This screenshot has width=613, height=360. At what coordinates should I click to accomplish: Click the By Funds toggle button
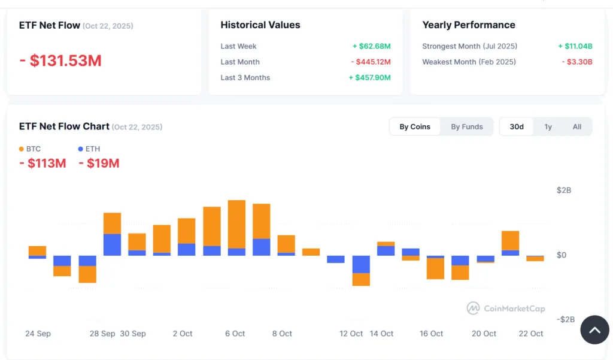[x=466, y=127]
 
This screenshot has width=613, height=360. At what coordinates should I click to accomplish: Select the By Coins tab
[x=415, y=127]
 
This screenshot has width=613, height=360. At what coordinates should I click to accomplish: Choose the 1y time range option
[x=548, y=127]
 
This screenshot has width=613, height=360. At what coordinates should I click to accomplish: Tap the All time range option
[x=576, y=127]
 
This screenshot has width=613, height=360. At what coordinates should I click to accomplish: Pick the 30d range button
[x=516, y=127]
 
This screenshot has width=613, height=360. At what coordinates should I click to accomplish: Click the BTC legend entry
[x=30, y=149]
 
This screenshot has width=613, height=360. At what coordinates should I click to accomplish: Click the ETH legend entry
[x=89, y=149]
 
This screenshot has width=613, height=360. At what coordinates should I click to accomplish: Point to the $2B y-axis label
[x=564, y=190]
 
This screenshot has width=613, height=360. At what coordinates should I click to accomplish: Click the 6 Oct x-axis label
[x=235, y=334]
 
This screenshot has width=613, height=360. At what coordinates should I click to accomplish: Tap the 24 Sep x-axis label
[x=38, y=334]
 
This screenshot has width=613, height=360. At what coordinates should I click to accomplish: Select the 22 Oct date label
[x=531, y=334]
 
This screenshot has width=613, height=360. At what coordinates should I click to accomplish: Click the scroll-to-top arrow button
[x=594, y=330]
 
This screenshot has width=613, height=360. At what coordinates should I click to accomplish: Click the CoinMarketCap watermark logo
[x=506, y=308]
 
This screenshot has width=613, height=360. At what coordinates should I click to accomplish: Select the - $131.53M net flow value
[x=60, y=61]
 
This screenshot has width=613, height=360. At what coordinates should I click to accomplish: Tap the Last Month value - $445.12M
[x=371, y=62]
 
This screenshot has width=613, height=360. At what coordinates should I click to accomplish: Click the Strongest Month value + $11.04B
[x=575, y=47]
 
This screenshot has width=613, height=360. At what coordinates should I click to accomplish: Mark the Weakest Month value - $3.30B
[x=576, y=62]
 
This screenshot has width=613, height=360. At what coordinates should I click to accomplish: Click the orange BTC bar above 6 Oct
[x=236, y=223]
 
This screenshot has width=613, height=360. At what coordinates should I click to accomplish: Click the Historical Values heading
[x=260, y=25]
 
